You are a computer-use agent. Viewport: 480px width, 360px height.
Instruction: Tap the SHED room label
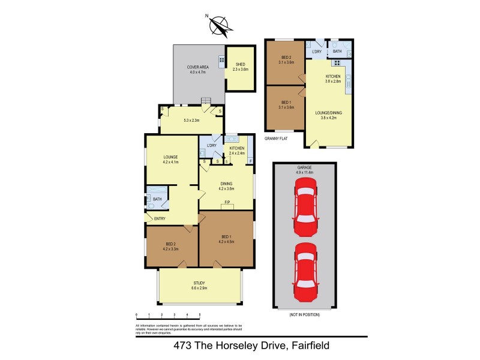[240, 64]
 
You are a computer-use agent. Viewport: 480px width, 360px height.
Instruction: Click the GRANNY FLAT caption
[277, 139]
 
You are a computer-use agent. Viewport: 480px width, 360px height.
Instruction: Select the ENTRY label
[160, 218]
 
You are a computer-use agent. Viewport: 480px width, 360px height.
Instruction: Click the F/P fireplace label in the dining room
[227, 202]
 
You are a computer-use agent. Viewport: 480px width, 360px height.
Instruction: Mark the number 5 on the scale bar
[200, 314]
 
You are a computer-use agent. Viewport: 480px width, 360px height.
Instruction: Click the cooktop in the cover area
[221, 59]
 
